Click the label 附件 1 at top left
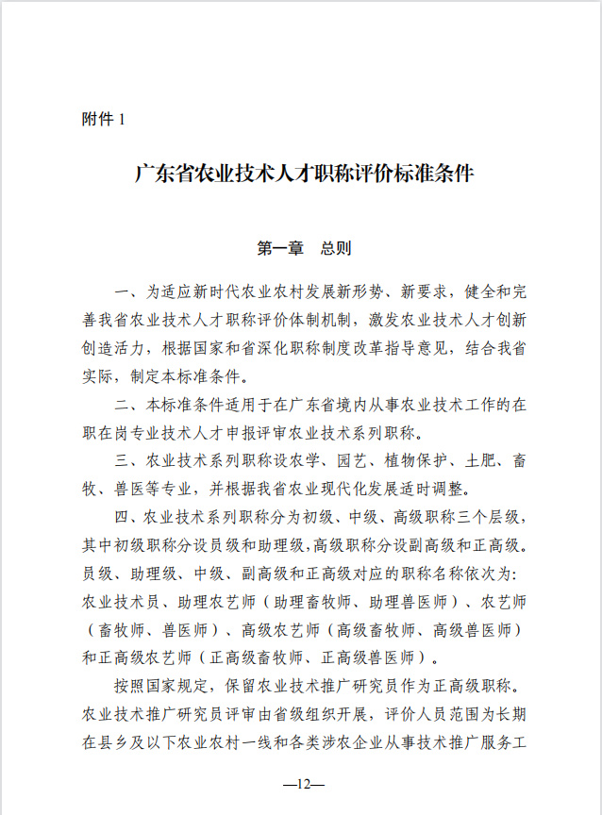pos(104,120)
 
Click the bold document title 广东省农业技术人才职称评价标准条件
pos(302,175)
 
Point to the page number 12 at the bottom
pos(301,784)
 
